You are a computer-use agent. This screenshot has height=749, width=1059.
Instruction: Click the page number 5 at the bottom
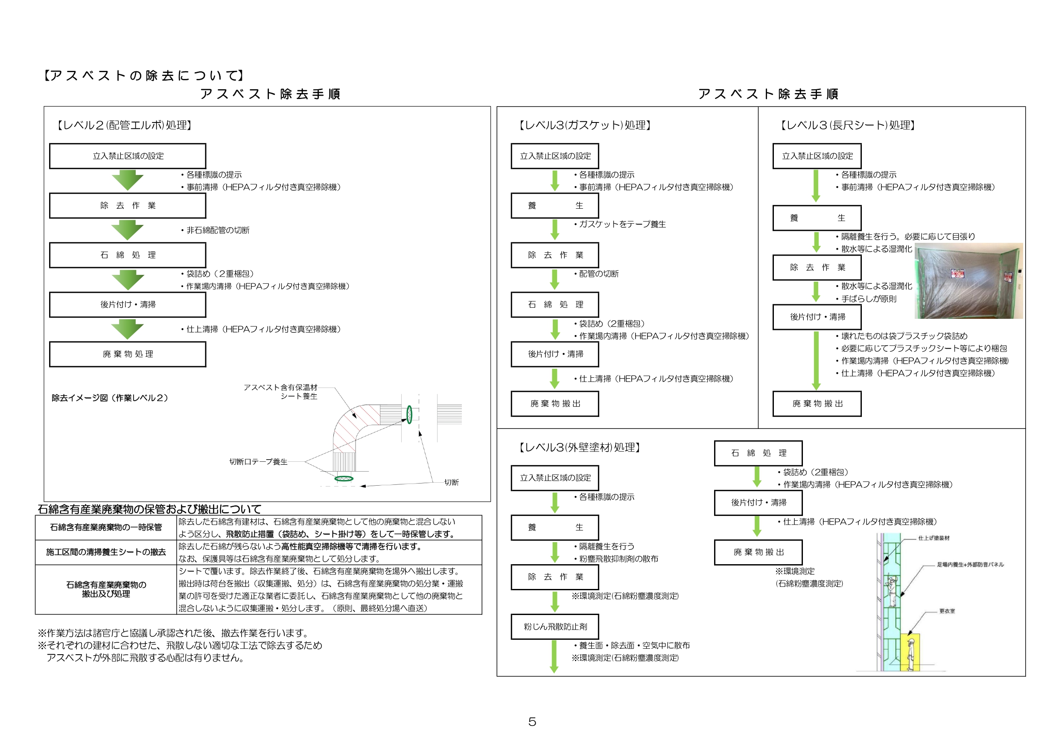point(532,722)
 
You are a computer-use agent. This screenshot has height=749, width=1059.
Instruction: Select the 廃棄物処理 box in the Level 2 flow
point(128,354)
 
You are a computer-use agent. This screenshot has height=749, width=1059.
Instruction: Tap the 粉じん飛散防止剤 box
point(555,627)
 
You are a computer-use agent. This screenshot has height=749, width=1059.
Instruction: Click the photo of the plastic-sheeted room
point(968,281)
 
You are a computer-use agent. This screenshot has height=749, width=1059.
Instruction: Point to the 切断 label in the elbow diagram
point(451,482)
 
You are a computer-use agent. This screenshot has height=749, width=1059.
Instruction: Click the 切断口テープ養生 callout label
point(258,462)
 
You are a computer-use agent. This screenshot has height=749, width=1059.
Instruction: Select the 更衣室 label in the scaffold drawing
point(947,611)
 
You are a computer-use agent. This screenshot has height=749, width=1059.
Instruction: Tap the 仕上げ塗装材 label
point(934,538)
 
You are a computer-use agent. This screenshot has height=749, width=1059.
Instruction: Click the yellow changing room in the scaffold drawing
point(910,652)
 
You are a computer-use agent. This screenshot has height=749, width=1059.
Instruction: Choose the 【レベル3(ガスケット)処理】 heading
point(584,125)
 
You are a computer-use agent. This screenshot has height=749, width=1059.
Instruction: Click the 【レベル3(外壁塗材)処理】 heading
point(579,447)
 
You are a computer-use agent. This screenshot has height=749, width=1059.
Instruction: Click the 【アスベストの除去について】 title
point(144,76)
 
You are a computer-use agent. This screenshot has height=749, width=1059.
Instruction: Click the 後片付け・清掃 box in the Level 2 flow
point(128,304)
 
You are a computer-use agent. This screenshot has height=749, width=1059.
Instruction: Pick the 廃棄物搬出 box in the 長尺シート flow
point(817,404)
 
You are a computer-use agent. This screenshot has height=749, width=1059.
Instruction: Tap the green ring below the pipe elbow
point(344,479)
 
